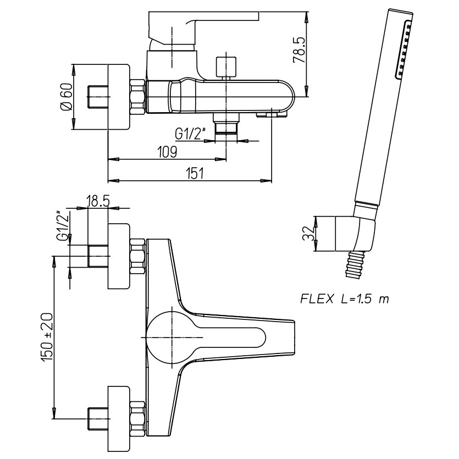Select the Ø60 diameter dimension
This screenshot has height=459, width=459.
click(x=65, y=98)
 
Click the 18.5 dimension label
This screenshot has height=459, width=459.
click(x=98, y=201)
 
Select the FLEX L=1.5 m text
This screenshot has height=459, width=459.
click(x=345, y=299)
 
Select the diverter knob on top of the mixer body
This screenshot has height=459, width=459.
click(x=225, y=66)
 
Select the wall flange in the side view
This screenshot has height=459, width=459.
click(x=118, y=97)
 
